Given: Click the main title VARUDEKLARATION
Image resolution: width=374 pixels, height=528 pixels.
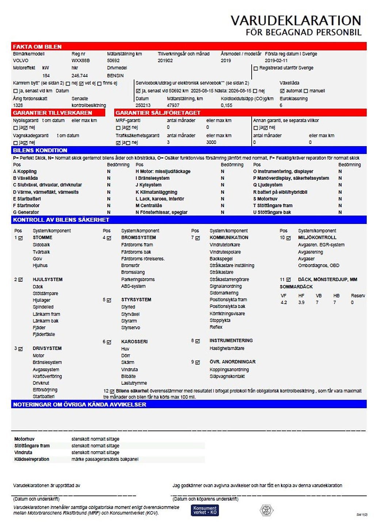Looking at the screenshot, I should point(295,20).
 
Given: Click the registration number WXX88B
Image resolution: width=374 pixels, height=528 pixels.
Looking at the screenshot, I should point(80,61).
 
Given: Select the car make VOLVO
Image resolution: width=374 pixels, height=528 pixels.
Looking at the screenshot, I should point(20,61).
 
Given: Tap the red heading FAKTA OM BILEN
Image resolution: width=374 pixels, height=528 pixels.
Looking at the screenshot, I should point(37,47).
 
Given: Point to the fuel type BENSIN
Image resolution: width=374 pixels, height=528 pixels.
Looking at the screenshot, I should point(115,76).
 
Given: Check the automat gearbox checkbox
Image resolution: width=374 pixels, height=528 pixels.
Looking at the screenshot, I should point(282,91).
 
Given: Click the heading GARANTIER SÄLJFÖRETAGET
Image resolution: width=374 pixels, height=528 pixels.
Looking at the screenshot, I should point(158,113).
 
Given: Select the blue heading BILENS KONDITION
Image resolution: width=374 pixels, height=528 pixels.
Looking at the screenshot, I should point(40,150).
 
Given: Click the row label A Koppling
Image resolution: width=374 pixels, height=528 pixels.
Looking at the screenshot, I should point(25,171).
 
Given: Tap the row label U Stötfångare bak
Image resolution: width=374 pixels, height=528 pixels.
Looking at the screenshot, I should point(272,212).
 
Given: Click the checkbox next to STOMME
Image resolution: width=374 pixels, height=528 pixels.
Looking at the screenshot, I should point(20,238).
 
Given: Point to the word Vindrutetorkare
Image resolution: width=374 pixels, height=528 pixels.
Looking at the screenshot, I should point(225,245).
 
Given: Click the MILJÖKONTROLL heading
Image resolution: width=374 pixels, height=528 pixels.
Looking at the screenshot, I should point(317,238).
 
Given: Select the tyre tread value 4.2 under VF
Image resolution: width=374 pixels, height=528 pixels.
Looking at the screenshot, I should point(284,303).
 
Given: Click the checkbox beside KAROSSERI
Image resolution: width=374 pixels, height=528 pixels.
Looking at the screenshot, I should point(109,342).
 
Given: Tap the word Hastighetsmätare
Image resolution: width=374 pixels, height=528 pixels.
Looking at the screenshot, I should point(227,349).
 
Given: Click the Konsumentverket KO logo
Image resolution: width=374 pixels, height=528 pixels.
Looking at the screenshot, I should point(205,510).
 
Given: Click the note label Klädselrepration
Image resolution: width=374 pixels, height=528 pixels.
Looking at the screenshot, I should point(31,459).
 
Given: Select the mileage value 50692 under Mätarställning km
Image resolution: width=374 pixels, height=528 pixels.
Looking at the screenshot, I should point(113,61).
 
